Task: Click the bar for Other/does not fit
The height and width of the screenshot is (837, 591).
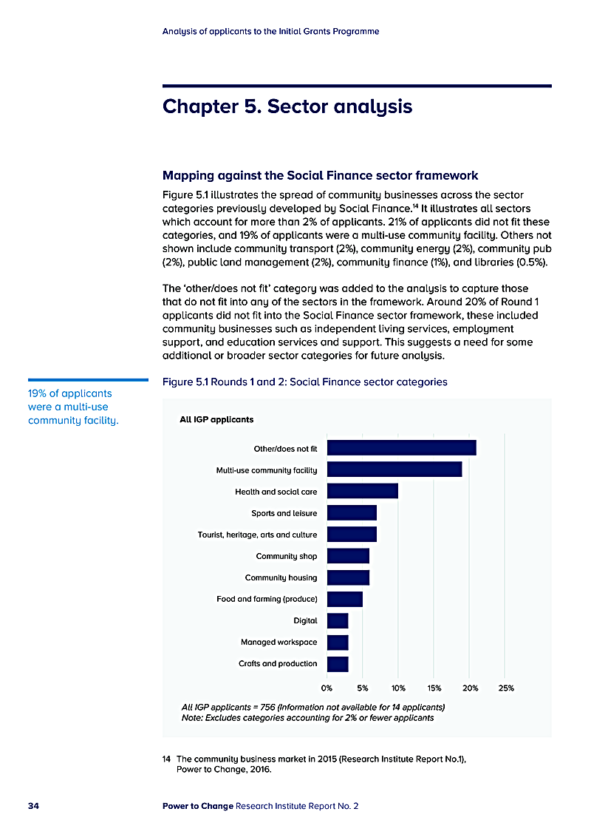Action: [401, 447]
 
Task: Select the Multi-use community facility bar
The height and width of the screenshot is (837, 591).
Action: [394, 469]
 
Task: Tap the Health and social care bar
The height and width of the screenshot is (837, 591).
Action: [362, 490]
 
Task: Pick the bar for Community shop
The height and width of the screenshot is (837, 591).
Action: [348, 556]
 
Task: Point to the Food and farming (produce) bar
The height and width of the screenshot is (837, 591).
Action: [344, 599]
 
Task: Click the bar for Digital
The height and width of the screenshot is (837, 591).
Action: [338, 620]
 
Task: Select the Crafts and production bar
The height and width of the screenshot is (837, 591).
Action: [338, 663]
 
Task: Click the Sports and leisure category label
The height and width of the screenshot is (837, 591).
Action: [284, 513]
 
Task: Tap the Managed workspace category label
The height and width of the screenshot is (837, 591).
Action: [279, 642]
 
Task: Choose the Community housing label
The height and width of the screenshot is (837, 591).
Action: [281, 577]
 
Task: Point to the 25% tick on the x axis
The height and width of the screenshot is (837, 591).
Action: [506, 688]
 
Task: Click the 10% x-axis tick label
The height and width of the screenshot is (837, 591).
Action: [398, 688]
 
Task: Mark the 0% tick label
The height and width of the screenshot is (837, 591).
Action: [327, 688]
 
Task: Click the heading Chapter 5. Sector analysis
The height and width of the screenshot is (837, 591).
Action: [287, 106]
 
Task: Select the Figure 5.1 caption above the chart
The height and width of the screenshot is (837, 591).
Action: [304, 382]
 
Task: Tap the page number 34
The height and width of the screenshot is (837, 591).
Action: [33, 805]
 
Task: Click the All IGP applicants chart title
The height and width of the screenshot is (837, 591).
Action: [216, 420]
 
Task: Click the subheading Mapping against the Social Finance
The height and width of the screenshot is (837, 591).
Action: [320, 176]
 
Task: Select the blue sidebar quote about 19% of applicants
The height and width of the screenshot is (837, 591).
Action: [73, 407]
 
